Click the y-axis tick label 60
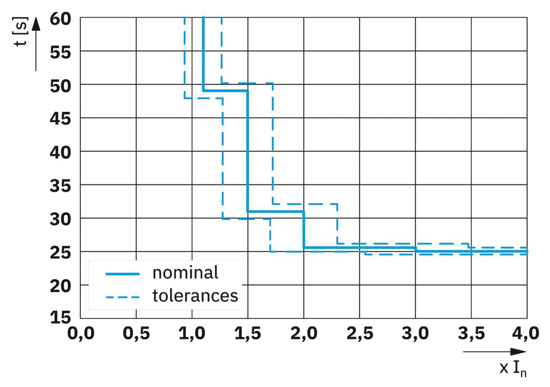click(61, 18)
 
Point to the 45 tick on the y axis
click(61, 118)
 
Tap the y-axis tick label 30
click(61, 218)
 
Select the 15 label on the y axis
click(61, 318)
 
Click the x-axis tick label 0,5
click(136, 334)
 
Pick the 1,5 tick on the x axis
click(248, 334)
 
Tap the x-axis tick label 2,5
click(360, 334)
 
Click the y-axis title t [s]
click(21, 33)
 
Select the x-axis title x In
click(513, 368)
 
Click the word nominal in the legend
click(185, 272)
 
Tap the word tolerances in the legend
click(195, 296)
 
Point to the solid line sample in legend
click(122, 273)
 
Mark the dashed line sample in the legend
click(122, 296)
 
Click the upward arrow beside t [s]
click(36, 44)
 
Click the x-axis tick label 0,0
click(80, 334)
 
